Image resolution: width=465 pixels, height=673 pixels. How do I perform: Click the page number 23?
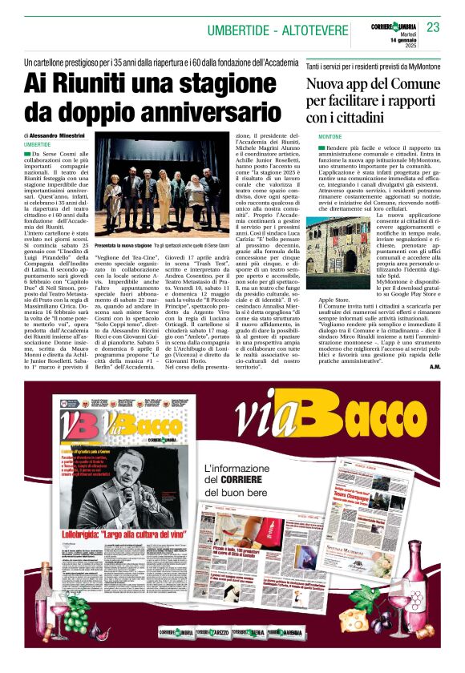[433, 27]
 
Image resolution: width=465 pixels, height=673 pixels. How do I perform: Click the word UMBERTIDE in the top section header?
[238, 30]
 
